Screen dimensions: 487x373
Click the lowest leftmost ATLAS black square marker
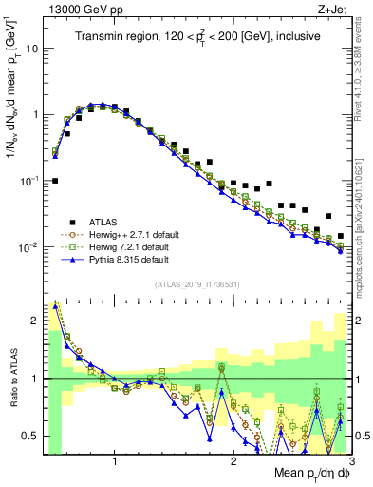click(55, 180)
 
